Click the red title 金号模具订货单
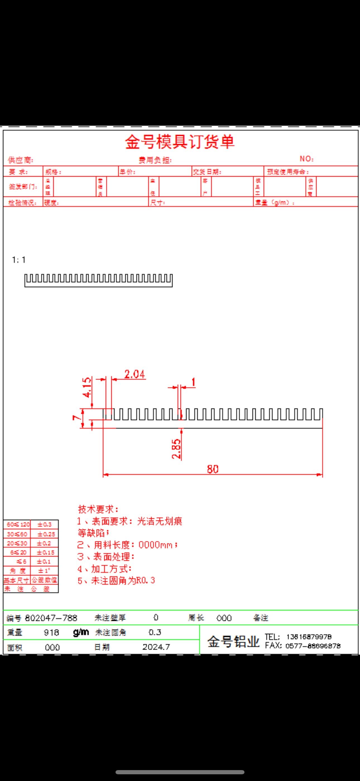pyautogui.click(x=180, y=142)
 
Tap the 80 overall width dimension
pyautogui.click(x=212, y=469)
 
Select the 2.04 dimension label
pyautogui.click(x=135, y=374)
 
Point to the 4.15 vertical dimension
pyautogui.click(x=87, y=387)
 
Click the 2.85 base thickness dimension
pyautogui.click(x=176, y=449)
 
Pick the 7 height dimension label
pyautogui.click(x=76, y=418)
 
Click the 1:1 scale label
pyautogui.click(x=18, y=260)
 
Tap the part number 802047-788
pyautogui.click(x=51, y=618)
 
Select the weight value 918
pyautogui.click(x=51, y=632)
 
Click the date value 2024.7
pyautogui.click(x=156, y=647)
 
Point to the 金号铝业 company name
pyautogui.click(x=233, y=642)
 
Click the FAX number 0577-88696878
pyautogui.click(x=313, y=646)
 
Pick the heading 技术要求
pyautogui.click(x=98, y=509)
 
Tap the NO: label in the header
pyautogui.click(x=306, y=159)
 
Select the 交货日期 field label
pyautogui.click(x=207, y=172)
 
